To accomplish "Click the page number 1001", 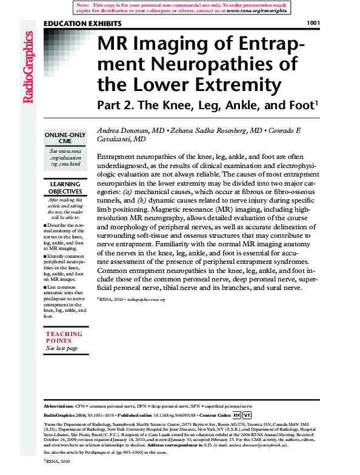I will [x=313, y=23].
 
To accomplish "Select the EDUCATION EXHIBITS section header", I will [x=83, y=24].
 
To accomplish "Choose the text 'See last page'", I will [x=61, y=348].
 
